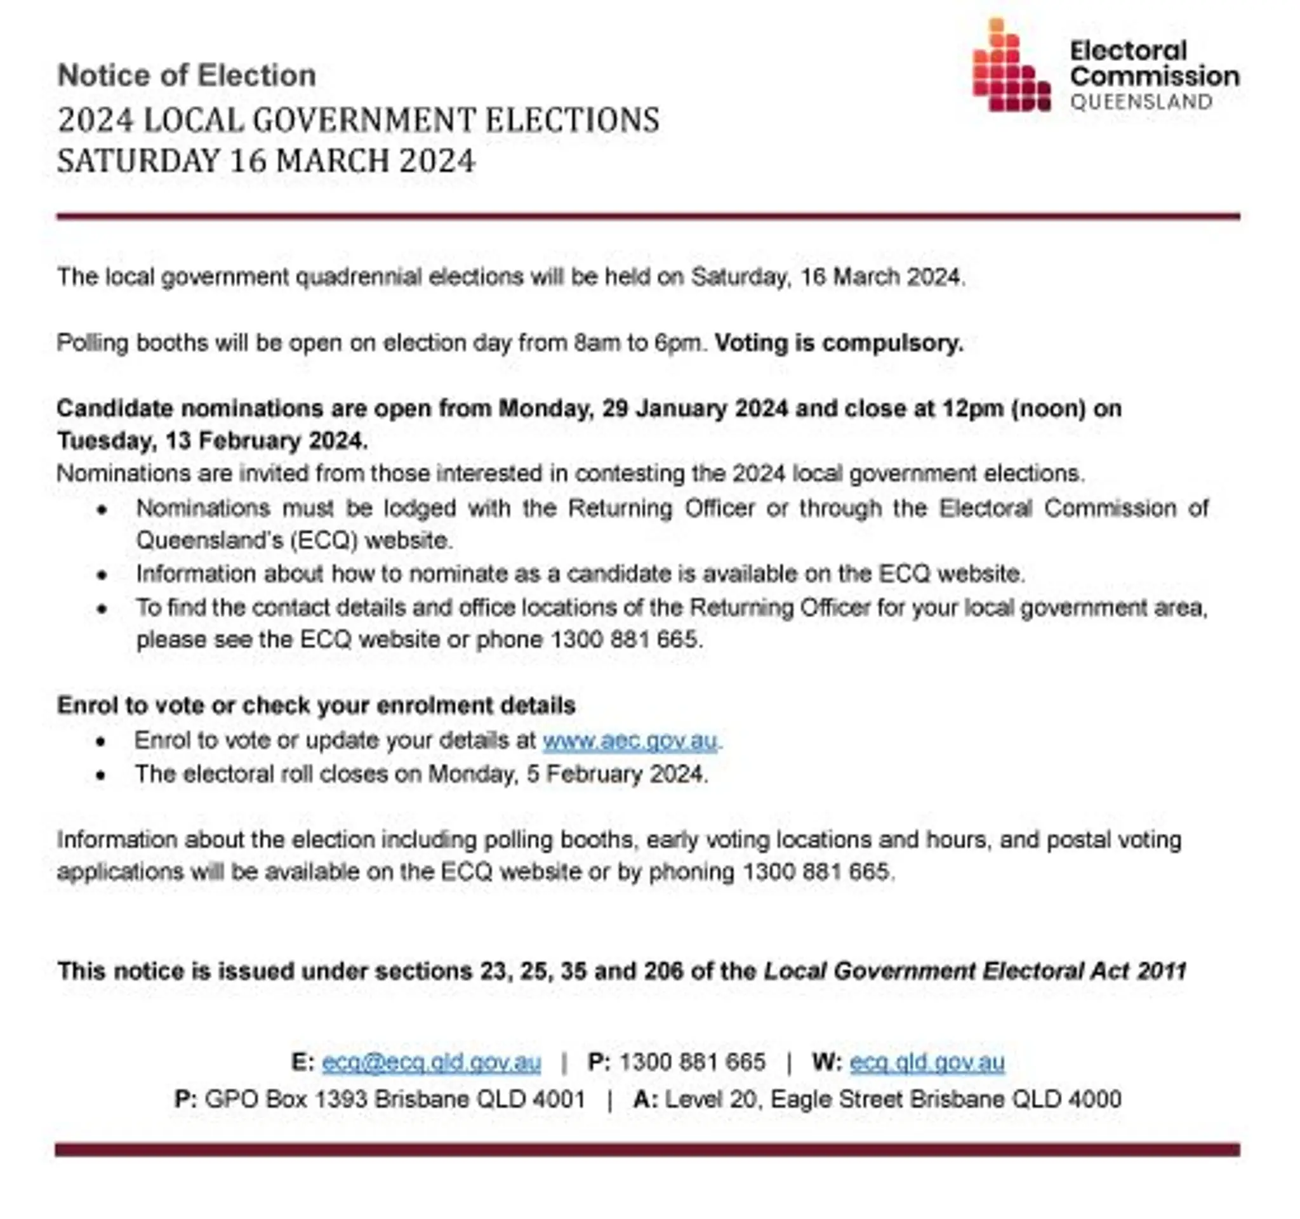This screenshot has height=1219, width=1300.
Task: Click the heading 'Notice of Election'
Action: pyautogui.click(x=187, y=75)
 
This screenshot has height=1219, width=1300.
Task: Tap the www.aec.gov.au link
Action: pyautogui.click(x=630, y=741)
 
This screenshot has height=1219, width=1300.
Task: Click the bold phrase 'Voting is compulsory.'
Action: pyautogui.click(x=839, y=343)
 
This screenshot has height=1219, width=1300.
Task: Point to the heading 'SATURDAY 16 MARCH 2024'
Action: pyautogui.click(x=266, y=161)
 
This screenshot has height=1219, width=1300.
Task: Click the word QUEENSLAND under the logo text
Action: pyautogui.click(x=1141, y=102)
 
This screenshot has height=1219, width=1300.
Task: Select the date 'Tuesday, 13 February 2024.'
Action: pyautogui.click(x=213, y=441)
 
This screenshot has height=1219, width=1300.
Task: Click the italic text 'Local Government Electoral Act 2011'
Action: pyautogui.click(x=975, y=971)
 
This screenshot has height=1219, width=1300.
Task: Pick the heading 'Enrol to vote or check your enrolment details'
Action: pyautogui.click(x=316, y=705)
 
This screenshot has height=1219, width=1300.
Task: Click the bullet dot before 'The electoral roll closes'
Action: pyautogui.click(x=101, y=775)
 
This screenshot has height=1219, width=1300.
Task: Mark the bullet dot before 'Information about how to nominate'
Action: pyautogui.click(x=102, y=575)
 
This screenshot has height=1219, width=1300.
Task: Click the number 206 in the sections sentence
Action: pyautogui.click(x=664, y=971)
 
